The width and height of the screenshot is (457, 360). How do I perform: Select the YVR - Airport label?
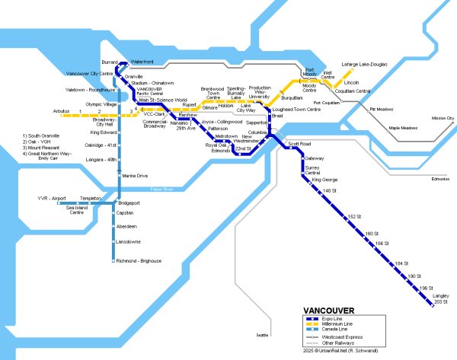pos(53,198)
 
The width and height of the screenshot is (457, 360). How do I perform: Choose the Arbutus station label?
pos(61,111)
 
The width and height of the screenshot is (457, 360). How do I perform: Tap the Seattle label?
pos(263,335)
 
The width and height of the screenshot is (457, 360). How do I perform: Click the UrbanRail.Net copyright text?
pos(339,352)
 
